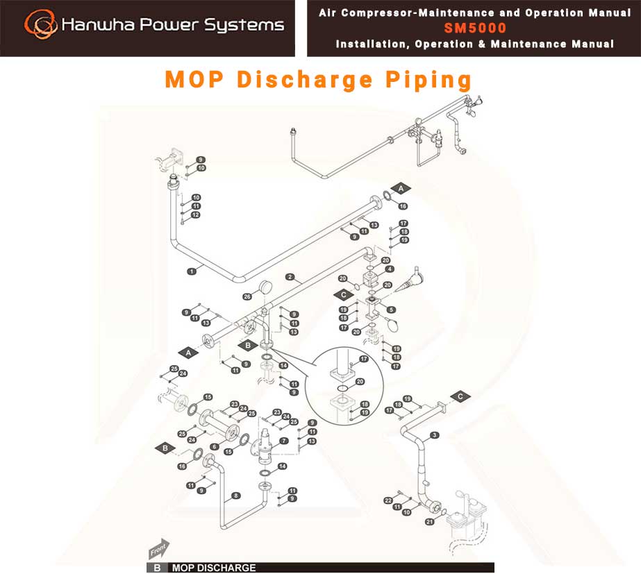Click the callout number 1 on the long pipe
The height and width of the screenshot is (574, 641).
tap(192, 271)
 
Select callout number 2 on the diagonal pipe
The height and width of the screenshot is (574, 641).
tap(290, 277)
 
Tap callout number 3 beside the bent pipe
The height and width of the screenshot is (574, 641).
tap(435, 435)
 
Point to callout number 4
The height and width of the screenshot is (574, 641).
tap(390, 269)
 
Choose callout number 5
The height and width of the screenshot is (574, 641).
tap(391, 310)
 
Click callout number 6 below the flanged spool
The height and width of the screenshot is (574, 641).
tap(214, 447)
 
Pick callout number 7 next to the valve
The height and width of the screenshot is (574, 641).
tap(284, 441)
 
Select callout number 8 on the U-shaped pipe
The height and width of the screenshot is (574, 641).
tap(236, 496)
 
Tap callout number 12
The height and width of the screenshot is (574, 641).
tap(195, 215)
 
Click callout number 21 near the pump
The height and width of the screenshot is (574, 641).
tap(430, 522)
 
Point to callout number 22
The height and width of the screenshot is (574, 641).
tap(388, 500)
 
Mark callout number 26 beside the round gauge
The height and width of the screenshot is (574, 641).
tap(247, 296)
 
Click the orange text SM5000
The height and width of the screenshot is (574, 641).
tap(475, 28)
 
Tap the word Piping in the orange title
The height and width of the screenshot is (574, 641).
tap(428, 80)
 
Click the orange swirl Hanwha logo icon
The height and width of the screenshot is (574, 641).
tap(40, 24)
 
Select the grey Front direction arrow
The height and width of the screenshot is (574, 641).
tap(158, 549)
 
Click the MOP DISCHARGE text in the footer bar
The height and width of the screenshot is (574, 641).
tap(214, 568)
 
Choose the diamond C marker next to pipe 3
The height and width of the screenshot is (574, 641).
tap(460, 396)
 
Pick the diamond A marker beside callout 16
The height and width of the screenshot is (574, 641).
tap(401, 188)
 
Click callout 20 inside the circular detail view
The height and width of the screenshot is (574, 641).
tap(360, 382)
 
